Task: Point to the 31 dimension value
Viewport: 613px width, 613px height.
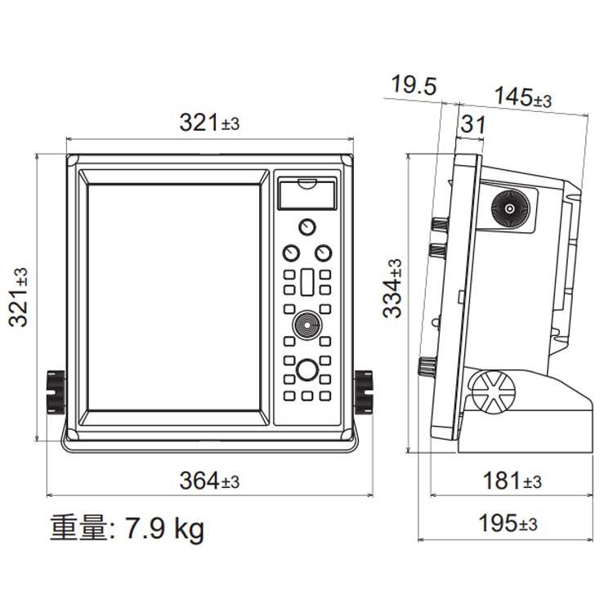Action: pos(472,125)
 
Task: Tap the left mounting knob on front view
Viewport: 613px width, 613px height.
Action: pos(55,391)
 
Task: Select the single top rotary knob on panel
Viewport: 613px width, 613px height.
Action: pos(306,226)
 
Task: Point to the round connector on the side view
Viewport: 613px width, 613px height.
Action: pos(509,209)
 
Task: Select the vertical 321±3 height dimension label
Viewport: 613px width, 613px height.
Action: pos(20,296)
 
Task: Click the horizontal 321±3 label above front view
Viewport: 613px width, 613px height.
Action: pos(209,123)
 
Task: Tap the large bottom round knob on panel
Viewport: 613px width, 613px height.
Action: pos(306,370)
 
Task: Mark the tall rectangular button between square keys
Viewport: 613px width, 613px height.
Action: pos(306,284)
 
